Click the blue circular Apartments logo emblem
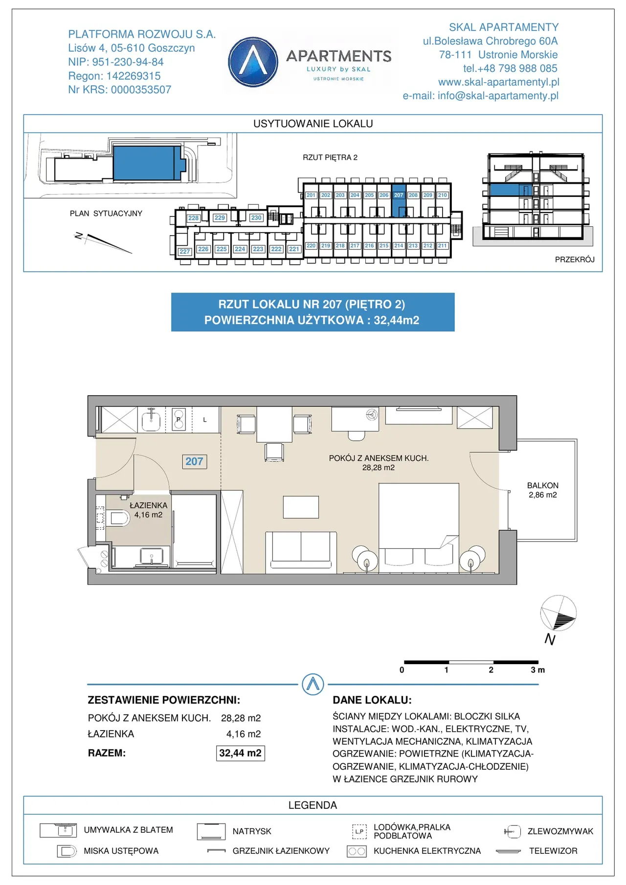coord(253,62)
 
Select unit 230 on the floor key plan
coord(256,217)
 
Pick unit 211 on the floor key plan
coord(442,246)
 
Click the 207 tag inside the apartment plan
coord(194,461)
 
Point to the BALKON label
coord(542,485)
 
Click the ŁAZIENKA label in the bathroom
coord(148,505)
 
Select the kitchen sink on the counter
coord(151,419)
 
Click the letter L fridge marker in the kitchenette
coord(205,420)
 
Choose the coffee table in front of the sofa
coord(301,507)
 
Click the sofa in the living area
coord(301,552)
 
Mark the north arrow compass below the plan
coord(558,614)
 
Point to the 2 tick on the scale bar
coord(491,670)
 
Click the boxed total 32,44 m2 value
coord(240,753)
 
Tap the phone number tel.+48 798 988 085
coord(510,68)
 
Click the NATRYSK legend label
coord(252,831)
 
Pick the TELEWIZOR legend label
coord(553,851)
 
